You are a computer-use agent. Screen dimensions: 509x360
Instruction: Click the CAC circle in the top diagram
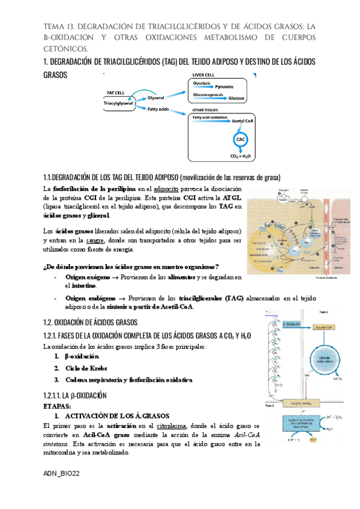[x=241, y=139]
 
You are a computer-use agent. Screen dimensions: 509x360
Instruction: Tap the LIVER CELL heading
[x=202, y=75]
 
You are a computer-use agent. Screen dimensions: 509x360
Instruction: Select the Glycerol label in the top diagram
[x=156, y=97]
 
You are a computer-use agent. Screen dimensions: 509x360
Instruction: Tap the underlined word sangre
[x=93, y=240]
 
